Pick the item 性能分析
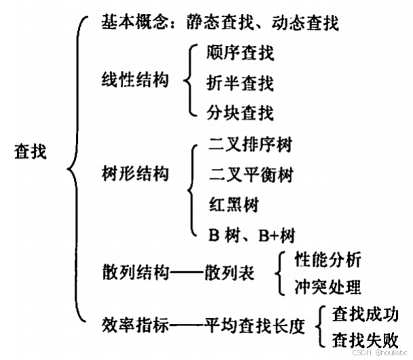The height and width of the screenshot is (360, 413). coord(328,259)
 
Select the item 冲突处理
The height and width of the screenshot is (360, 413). coord(328,286)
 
